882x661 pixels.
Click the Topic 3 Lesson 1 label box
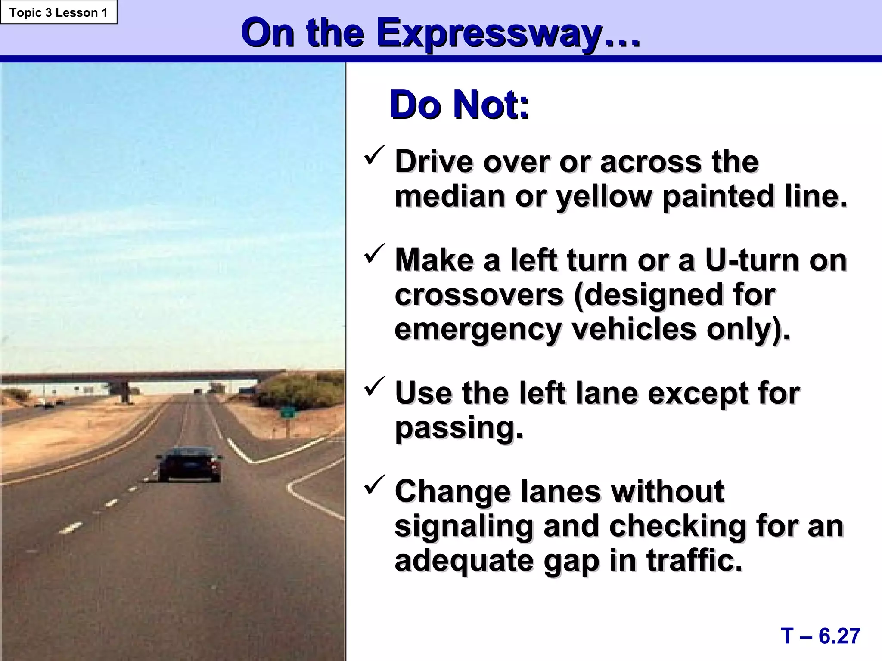point(59,12)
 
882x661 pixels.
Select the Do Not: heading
point(459,105)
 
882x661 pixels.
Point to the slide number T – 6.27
point(820,636)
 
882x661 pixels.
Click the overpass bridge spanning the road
point(142,377)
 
